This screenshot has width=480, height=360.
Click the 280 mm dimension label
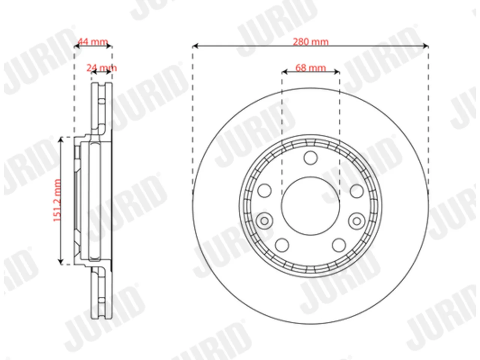coord(310,42)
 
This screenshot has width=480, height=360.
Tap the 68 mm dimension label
coord(310,68)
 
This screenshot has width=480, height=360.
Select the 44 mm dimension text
coord(93,41)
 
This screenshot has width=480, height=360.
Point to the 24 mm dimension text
coord(102,68)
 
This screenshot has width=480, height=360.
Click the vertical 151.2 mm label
coord(57,200)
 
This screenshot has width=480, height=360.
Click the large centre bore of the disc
coord(310,206)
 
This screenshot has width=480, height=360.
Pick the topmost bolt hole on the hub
coord(310,157)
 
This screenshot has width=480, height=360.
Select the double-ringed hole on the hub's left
coord(265,221)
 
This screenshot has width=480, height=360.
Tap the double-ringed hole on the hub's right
coord(357,221)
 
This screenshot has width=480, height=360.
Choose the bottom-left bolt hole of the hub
coord(282,245)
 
